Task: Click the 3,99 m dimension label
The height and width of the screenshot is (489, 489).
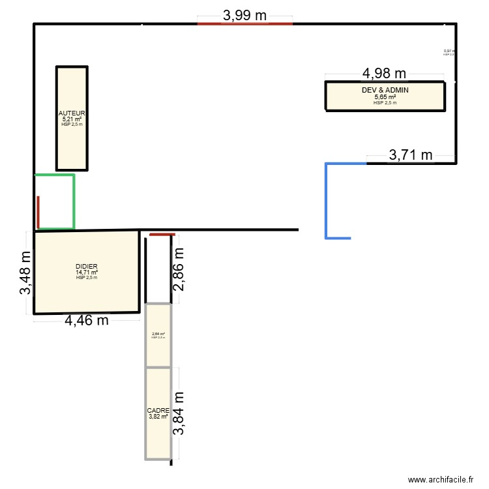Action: point(244,16)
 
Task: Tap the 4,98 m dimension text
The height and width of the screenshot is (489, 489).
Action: point(384,74)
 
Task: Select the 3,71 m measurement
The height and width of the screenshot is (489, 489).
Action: point(411,155)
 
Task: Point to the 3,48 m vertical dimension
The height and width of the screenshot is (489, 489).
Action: point(25,273)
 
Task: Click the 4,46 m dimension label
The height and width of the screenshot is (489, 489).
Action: point(86,319)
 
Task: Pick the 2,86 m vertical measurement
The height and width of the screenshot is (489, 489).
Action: point(179,268)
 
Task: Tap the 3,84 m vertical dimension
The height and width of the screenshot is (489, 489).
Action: point(179,413)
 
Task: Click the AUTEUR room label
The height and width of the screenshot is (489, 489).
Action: point(72,113)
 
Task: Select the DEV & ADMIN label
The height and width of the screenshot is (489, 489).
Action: point(385,90)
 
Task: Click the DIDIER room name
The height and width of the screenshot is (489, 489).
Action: point(86,267)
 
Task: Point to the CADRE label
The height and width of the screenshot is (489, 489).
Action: point(158,411)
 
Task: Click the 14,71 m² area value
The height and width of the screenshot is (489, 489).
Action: point(86,273)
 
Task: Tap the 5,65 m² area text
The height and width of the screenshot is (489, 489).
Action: point(385,96)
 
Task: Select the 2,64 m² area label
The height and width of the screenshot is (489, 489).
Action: point(158,334)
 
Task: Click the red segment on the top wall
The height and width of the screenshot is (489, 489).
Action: point(244,23)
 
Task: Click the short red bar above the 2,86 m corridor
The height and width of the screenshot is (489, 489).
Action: point(162,235)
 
